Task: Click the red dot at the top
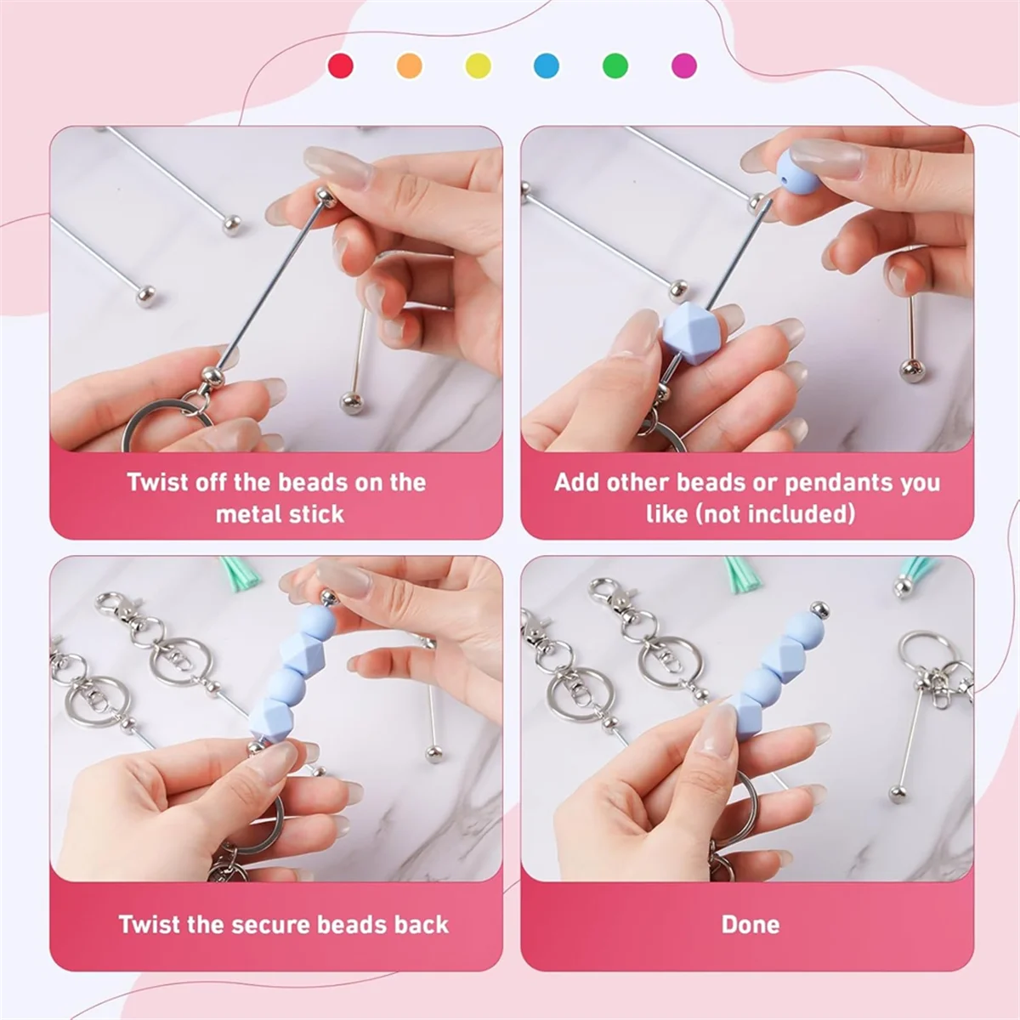tap(340, 66)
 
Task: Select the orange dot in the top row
tap(409, 66)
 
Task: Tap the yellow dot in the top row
tap(478, 66)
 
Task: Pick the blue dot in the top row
tap(547, 66)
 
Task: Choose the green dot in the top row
tap(615, 66)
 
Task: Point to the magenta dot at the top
tap(684, 66)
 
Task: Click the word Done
tap(750, 925)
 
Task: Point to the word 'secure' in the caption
tap(270, 926)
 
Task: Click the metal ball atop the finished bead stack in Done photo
tap(819, 609)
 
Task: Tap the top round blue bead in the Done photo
tap(805, 632)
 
